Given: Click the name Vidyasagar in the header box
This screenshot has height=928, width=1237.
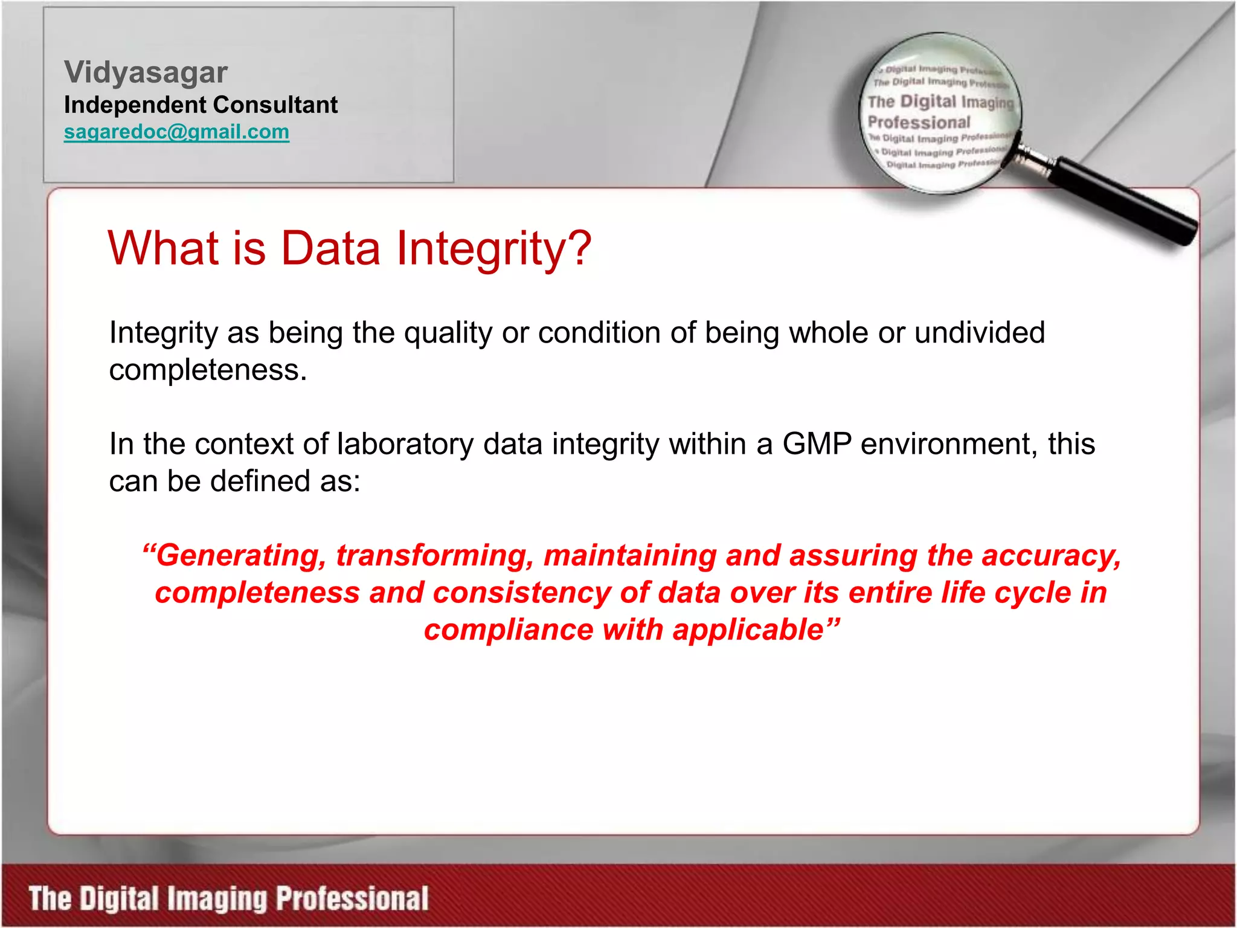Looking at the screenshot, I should [x=146, y=72].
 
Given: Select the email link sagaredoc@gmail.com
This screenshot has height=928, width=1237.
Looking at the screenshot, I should [x=176, y=132].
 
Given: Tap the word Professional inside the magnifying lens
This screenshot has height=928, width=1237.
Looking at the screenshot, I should [x=919, y=123].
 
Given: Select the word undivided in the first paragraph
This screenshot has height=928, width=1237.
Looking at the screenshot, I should [x=979, y=333].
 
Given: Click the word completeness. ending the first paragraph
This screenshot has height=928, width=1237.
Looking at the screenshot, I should [x=208, y=370].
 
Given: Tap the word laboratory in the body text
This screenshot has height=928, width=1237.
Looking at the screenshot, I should [x=405, y=444].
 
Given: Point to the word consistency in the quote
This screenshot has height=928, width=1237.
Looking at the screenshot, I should [x=522, y=593].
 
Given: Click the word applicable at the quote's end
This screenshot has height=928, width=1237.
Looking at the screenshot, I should [x=748, y=630].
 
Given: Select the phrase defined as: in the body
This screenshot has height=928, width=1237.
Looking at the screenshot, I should [x=285, y=482].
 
